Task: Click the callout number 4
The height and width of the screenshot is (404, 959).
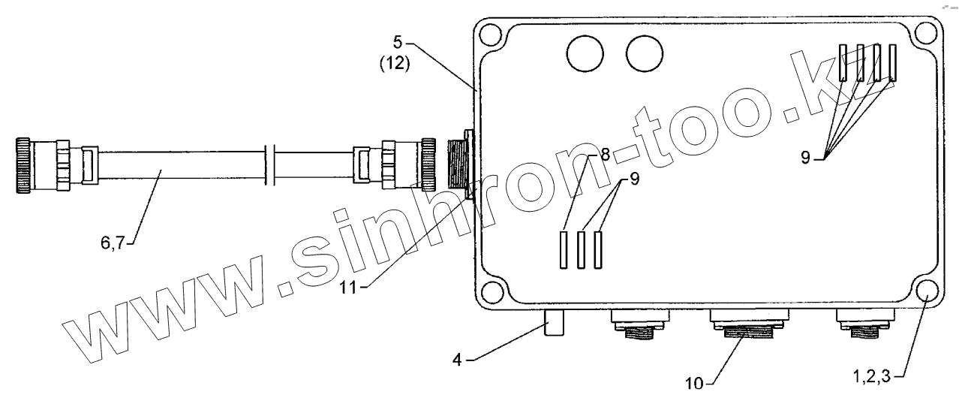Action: [x=458, y=360]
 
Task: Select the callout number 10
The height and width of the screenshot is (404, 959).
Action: [x=694, y=384]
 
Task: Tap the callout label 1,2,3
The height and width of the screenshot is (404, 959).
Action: [x=872, y=377]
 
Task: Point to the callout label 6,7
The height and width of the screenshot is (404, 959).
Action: [x=113, y=243]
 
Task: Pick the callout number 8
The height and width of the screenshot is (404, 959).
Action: [x=605, y=154]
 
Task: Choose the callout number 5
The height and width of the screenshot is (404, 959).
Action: [x=398, y=42]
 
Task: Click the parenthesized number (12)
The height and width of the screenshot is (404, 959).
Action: [x=395, y=64]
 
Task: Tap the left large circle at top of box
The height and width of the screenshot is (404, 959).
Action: [x=585, y=54]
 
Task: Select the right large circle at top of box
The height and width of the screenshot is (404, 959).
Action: [x=645, y=54]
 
